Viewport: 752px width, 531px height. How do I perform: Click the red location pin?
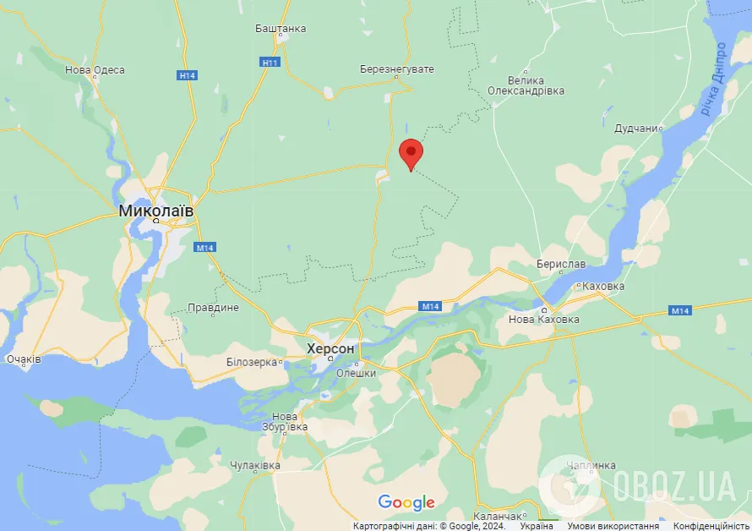click(x=411, y=154)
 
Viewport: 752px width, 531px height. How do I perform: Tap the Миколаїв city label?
click(x=156, y=210)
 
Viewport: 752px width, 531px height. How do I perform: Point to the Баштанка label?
click(x=281, y=28)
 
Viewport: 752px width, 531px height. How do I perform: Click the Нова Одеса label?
click(x=95, y=70)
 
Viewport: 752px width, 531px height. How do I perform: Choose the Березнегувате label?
click(x=396, y=68)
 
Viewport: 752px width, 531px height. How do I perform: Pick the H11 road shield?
click(x=270, y=63)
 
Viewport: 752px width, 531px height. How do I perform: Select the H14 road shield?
click(x=188, y=76)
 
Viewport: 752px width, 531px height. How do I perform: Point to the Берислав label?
click(x=561, y=264)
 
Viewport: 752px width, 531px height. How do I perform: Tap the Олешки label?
click(x=356, y=372)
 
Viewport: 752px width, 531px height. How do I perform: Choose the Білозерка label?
click(x=252, y=362)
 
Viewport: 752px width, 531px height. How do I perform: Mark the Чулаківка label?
click(x=255, y=466)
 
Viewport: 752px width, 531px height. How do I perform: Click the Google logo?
click(x=406, y=502)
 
